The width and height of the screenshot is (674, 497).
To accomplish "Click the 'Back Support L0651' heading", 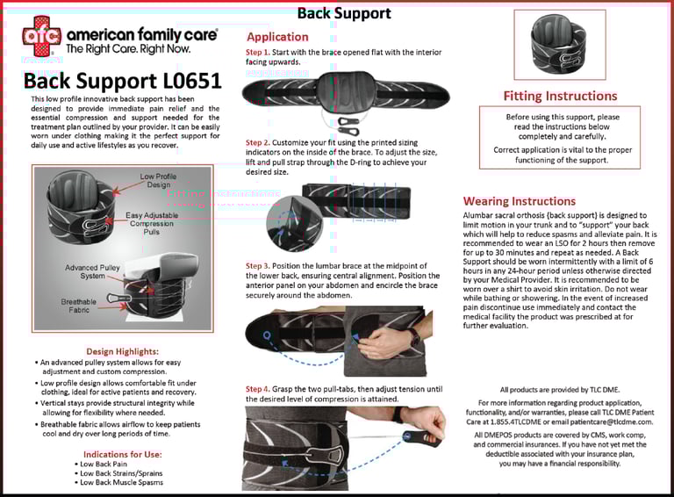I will click(x=123, y=82).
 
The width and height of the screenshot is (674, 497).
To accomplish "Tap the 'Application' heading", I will click(x=277, y=37).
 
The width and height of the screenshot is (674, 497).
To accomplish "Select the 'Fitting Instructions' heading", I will click(x=560, y=96).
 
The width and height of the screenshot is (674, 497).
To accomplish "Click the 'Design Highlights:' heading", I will click(x=122, y=350).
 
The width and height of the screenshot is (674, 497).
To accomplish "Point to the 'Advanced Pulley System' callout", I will click(x=93, y=271).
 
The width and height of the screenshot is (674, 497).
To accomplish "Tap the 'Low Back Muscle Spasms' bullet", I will click(x=121, y=482).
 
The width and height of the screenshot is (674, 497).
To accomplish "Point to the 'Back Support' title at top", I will click(x=344, y=13).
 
